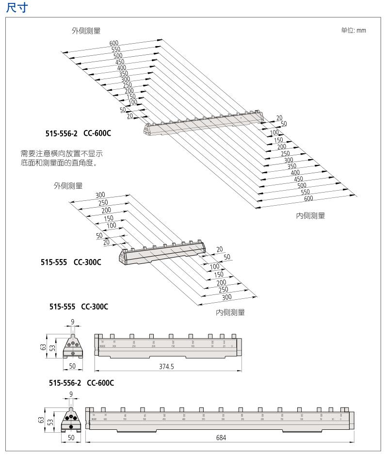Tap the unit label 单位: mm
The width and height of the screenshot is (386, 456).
pos(354,31)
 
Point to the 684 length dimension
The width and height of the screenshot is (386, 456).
pos(221,438)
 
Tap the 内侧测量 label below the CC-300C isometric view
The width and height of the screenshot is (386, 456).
pos(230,313)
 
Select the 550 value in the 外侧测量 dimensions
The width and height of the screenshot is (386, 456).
pos(115,49)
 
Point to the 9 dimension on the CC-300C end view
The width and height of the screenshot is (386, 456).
pos(72,321)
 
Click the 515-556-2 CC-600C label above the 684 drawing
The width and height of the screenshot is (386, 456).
pos(81,383)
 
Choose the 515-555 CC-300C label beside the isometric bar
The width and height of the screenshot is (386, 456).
pos(70,262)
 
